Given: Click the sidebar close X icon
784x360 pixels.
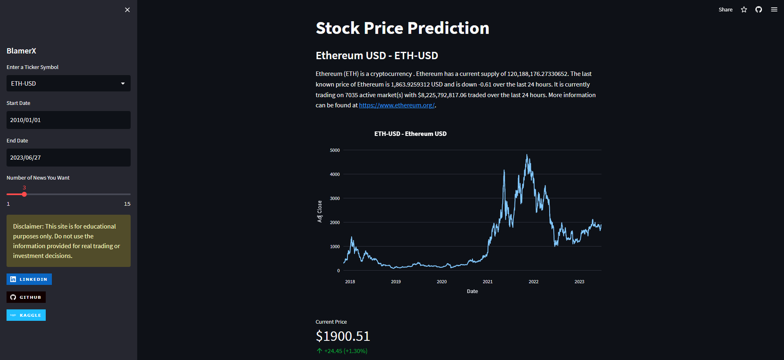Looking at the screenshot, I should [127, 10].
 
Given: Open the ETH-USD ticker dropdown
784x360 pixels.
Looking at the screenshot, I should [69, 83].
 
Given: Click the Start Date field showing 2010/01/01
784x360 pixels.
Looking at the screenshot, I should [69, 120].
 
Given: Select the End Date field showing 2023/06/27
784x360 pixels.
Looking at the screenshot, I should [69, 158].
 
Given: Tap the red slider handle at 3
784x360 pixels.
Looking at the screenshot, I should [24, 194].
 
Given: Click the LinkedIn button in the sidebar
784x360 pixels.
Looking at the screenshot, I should [29, 279].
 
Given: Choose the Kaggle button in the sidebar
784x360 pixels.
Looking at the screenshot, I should [26, 315].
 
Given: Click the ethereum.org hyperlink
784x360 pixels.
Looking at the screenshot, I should [396, 105].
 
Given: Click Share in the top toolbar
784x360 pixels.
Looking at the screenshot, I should [725, 10].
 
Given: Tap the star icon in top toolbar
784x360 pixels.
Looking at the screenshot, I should [744, 10].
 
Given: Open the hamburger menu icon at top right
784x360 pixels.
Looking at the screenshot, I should [774, 10].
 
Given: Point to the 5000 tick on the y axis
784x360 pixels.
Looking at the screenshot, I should [335, 150].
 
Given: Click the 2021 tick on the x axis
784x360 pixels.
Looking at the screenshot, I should [488, 282].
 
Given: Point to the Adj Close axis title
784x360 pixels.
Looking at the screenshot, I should [320, 211].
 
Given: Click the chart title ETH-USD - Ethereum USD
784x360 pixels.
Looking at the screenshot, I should [410, 134].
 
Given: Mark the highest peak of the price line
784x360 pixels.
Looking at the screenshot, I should [527, 155].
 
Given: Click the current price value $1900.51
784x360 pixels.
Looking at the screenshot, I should [343, 336].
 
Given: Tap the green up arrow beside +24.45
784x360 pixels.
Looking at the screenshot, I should [319, 351].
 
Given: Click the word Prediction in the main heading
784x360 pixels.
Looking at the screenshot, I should [448, 28].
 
